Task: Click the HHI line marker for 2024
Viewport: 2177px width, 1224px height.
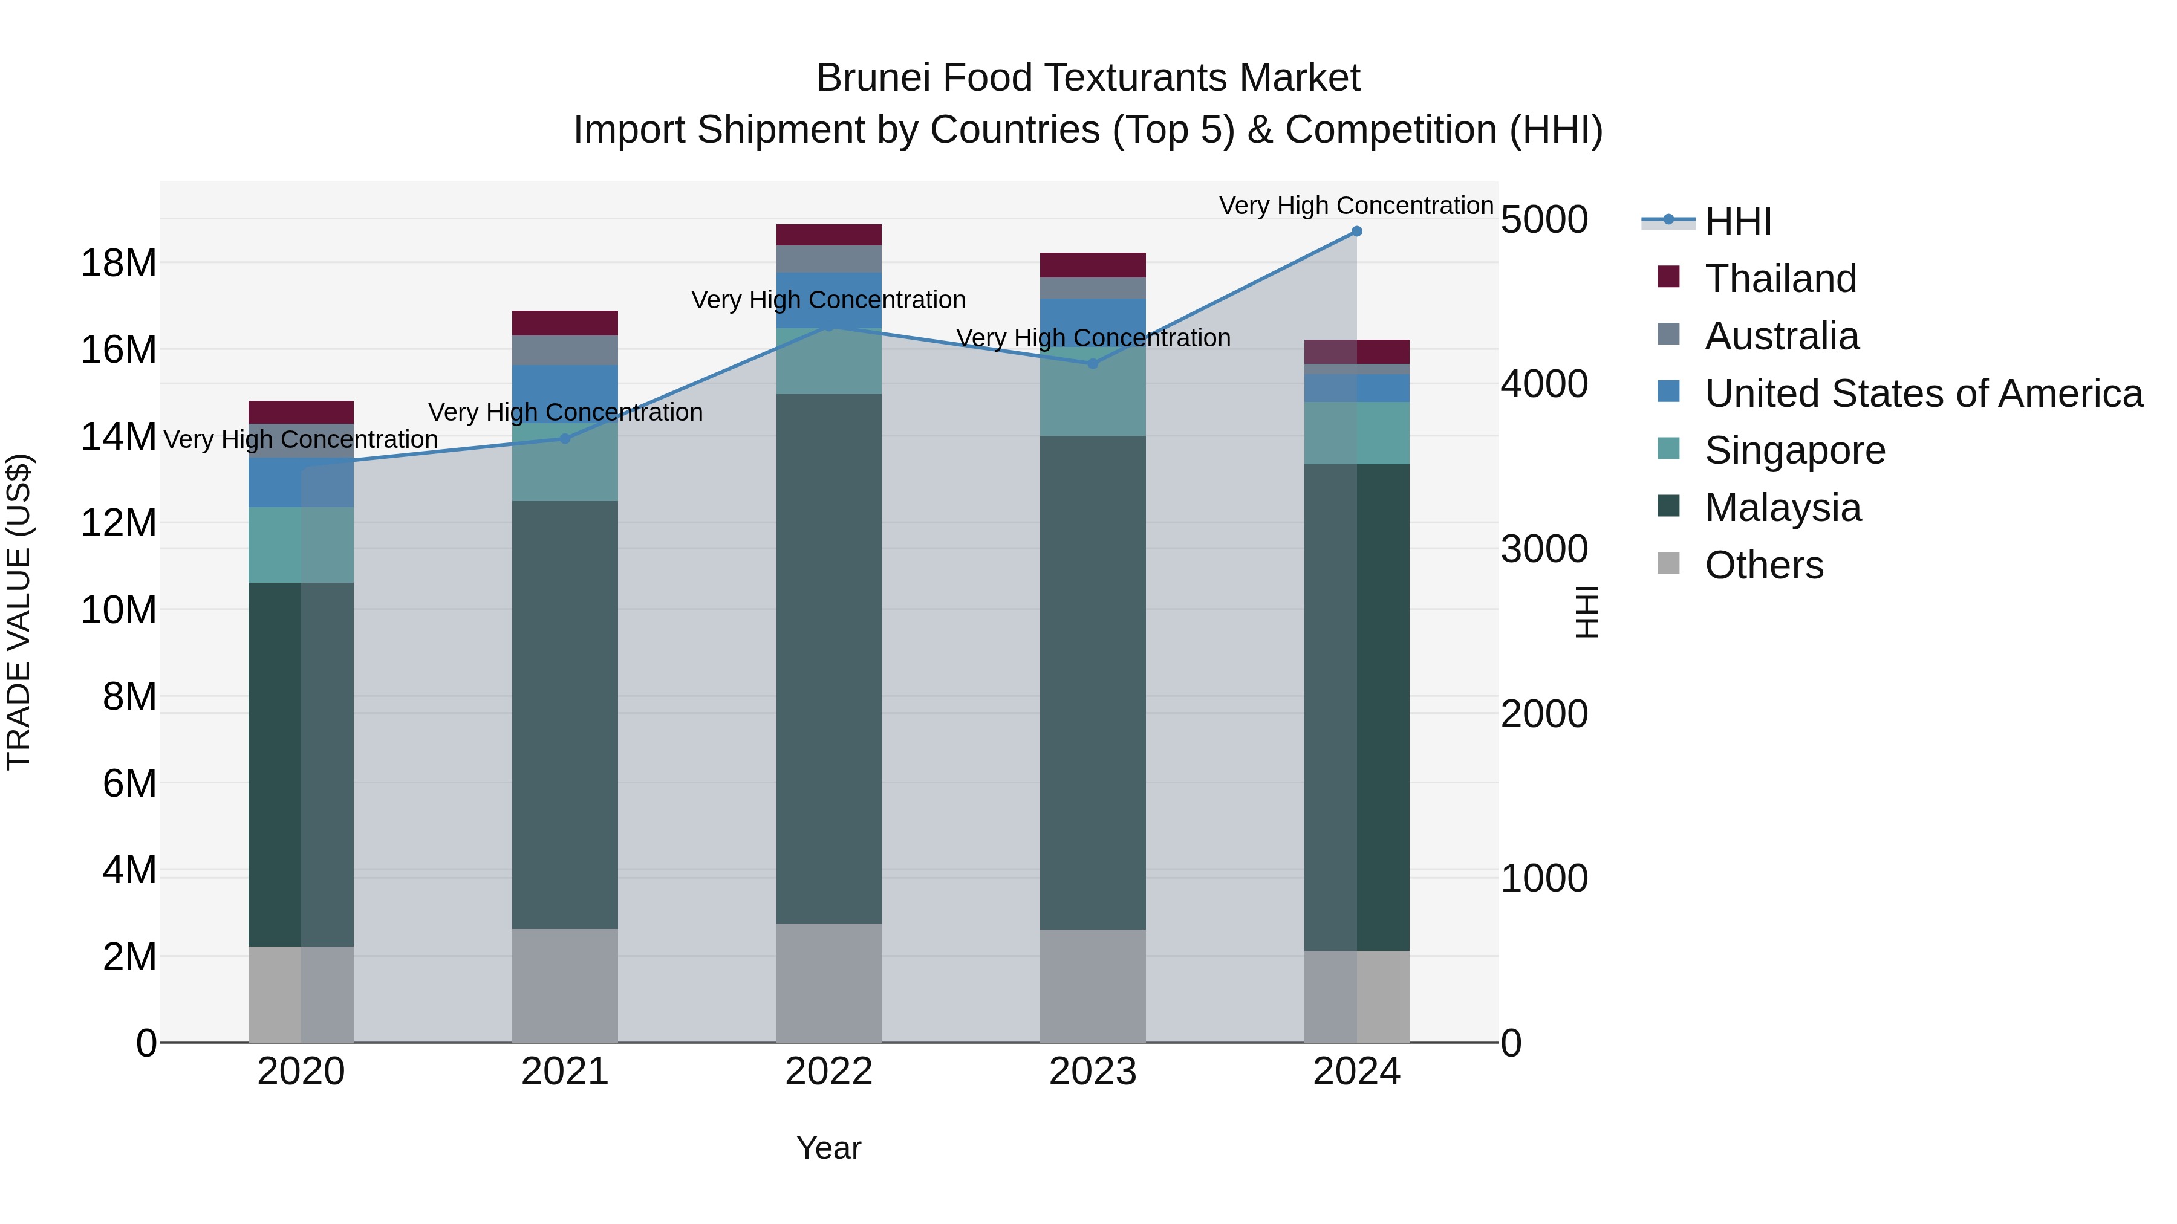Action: pyautogui.click(x=1356, y=232)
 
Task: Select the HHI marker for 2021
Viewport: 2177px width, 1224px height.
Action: pyautogui.click(x=565, y=438)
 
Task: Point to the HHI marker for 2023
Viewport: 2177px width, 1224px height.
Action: pyautogui.click(x=1093, y=364)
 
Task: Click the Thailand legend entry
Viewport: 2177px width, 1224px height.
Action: pyautogui.click(x=1780, y=279)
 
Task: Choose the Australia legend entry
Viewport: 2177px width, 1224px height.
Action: pyautogui.click(x=1782, y=336)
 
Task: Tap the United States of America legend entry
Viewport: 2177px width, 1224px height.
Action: pyautogui.click(x=1922, y=393)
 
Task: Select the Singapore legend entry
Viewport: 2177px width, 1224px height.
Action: pyautogui.click(x=1794, y=450)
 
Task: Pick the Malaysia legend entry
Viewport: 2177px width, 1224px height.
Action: pyautogui.click(x=1782, y=508)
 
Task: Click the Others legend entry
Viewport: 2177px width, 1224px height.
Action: pyautogui.click(x=1764, y=565)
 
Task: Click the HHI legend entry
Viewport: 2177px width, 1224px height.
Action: pyautogui.click(x=1737, y=221)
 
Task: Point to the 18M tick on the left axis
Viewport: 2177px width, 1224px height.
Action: pyautogui.click(x=119, y=264)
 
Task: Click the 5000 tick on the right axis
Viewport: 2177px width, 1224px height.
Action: pyautogui.click(x=1544, y=219)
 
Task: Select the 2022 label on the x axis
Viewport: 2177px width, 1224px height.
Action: pyautogui.click(x=828, y=1072)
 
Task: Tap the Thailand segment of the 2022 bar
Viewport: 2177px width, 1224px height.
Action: pyautogui.click(x=828, y=235)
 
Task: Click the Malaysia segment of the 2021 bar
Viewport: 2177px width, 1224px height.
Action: pyautogui.click(x=565, y=714)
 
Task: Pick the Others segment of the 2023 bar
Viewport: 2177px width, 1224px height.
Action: pyautogui.click(x=1093, y=986)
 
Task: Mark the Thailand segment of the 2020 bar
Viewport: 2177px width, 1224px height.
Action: pyautogui.click(x=301, y=412)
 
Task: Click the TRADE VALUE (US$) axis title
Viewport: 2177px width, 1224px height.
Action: pyautogui.click(x=19, y=612)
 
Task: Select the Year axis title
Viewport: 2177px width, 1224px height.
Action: pyautogui.click(x=828, y=1148)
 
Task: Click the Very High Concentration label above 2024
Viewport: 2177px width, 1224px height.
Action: pyautogui.click(x=1356, y=206)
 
